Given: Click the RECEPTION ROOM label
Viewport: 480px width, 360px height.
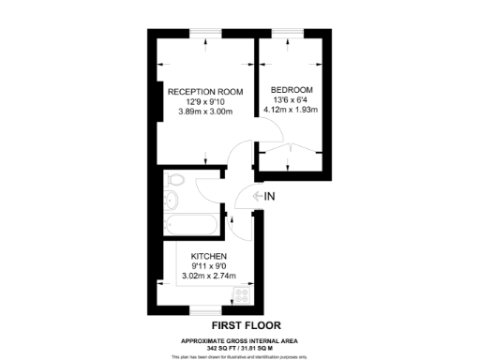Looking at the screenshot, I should click(x=205, y=92).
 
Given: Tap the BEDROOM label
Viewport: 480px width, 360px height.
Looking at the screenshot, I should click(x=292, y=91).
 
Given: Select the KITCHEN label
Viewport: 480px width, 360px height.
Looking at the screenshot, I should click(x=208, y=256).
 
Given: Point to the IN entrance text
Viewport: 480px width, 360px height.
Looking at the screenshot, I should click(x=269, y=196).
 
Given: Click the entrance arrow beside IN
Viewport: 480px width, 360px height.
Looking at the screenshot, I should click(x=254, y=196).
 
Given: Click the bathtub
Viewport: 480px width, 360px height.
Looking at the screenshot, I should click(x=190, y=225).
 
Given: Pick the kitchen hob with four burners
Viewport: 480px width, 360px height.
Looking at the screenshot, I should click(x=241, y=294).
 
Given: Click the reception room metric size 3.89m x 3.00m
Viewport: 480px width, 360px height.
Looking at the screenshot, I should click(x=205, y=112).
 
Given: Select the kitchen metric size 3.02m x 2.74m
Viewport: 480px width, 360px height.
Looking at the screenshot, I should click(x=208, y=277).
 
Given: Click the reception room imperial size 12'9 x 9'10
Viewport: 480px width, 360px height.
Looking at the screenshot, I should click(x=205, y=102).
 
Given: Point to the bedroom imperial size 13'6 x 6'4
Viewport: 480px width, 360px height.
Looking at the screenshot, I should click(x=292, y=101).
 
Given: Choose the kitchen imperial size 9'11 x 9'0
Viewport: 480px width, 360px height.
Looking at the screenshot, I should click(x=208, y=266).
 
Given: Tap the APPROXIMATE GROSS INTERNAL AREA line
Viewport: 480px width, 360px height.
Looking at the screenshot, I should click(x=239, y=340).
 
